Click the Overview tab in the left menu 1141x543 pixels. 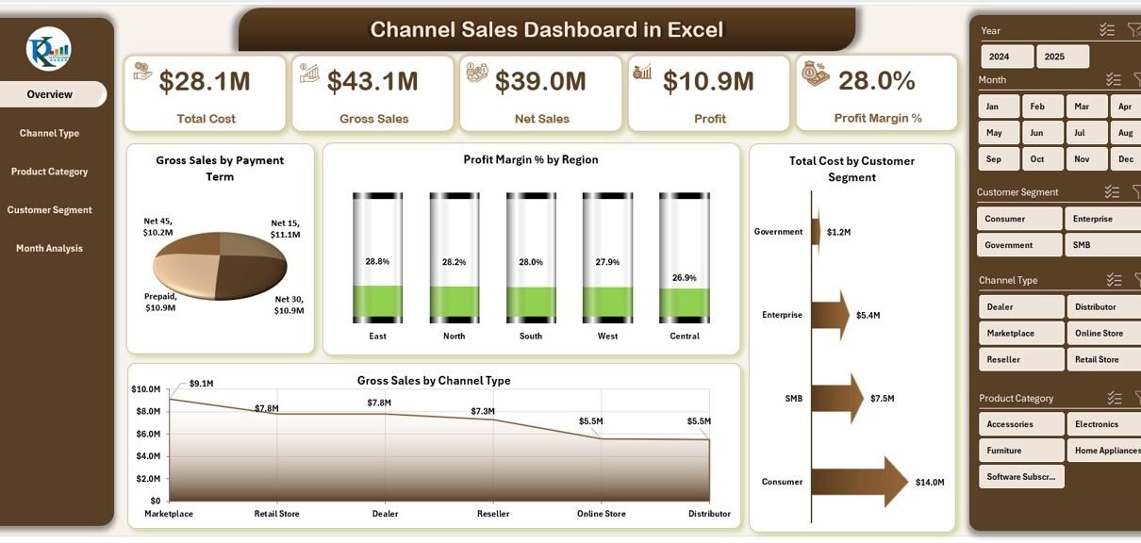(51, 94)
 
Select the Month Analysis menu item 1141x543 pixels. (49, 249)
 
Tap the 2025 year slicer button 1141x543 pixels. (1054, 57)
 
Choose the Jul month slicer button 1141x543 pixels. (1079, 133)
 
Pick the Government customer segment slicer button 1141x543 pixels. (1008, 245)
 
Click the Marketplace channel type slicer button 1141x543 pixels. (1010, 334)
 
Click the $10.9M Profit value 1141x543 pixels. (708, 82)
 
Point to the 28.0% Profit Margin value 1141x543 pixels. (876, 81)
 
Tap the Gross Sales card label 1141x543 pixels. (374, 119)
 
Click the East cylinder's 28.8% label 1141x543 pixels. (377, 261)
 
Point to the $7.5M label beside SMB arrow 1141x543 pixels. (884, 399)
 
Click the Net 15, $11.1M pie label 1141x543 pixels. (284, 228)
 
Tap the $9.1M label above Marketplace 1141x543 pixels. (201, 384)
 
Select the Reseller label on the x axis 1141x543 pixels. (493, 514)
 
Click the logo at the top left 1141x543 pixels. (49, 49)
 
